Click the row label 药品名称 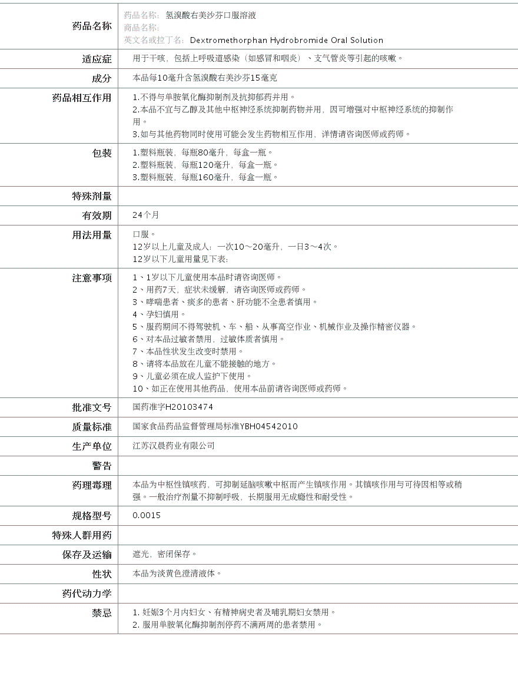click(91, 26)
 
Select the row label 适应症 click(97, 59)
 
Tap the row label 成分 click(101, 78)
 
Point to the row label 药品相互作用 click(82, 98)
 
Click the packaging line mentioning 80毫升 click(202, 152)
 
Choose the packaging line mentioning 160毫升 click(205, 177)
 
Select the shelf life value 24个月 click(146, 215)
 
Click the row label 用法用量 click(91, 235)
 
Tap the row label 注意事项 click(91, 278)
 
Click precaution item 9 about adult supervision click(192, 376)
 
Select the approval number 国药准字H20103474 click(173, 407)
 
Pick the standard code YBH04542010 click(268, 426)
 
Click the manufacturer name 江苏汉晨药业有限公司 click(174, 446)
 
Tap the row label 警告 click(101, 466)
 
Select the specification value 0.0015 click(147, 516)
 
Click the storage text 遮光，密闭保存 click(165, 554)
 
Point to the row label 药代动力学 click(87, 594)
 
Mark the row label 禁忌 click(101, 613)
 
